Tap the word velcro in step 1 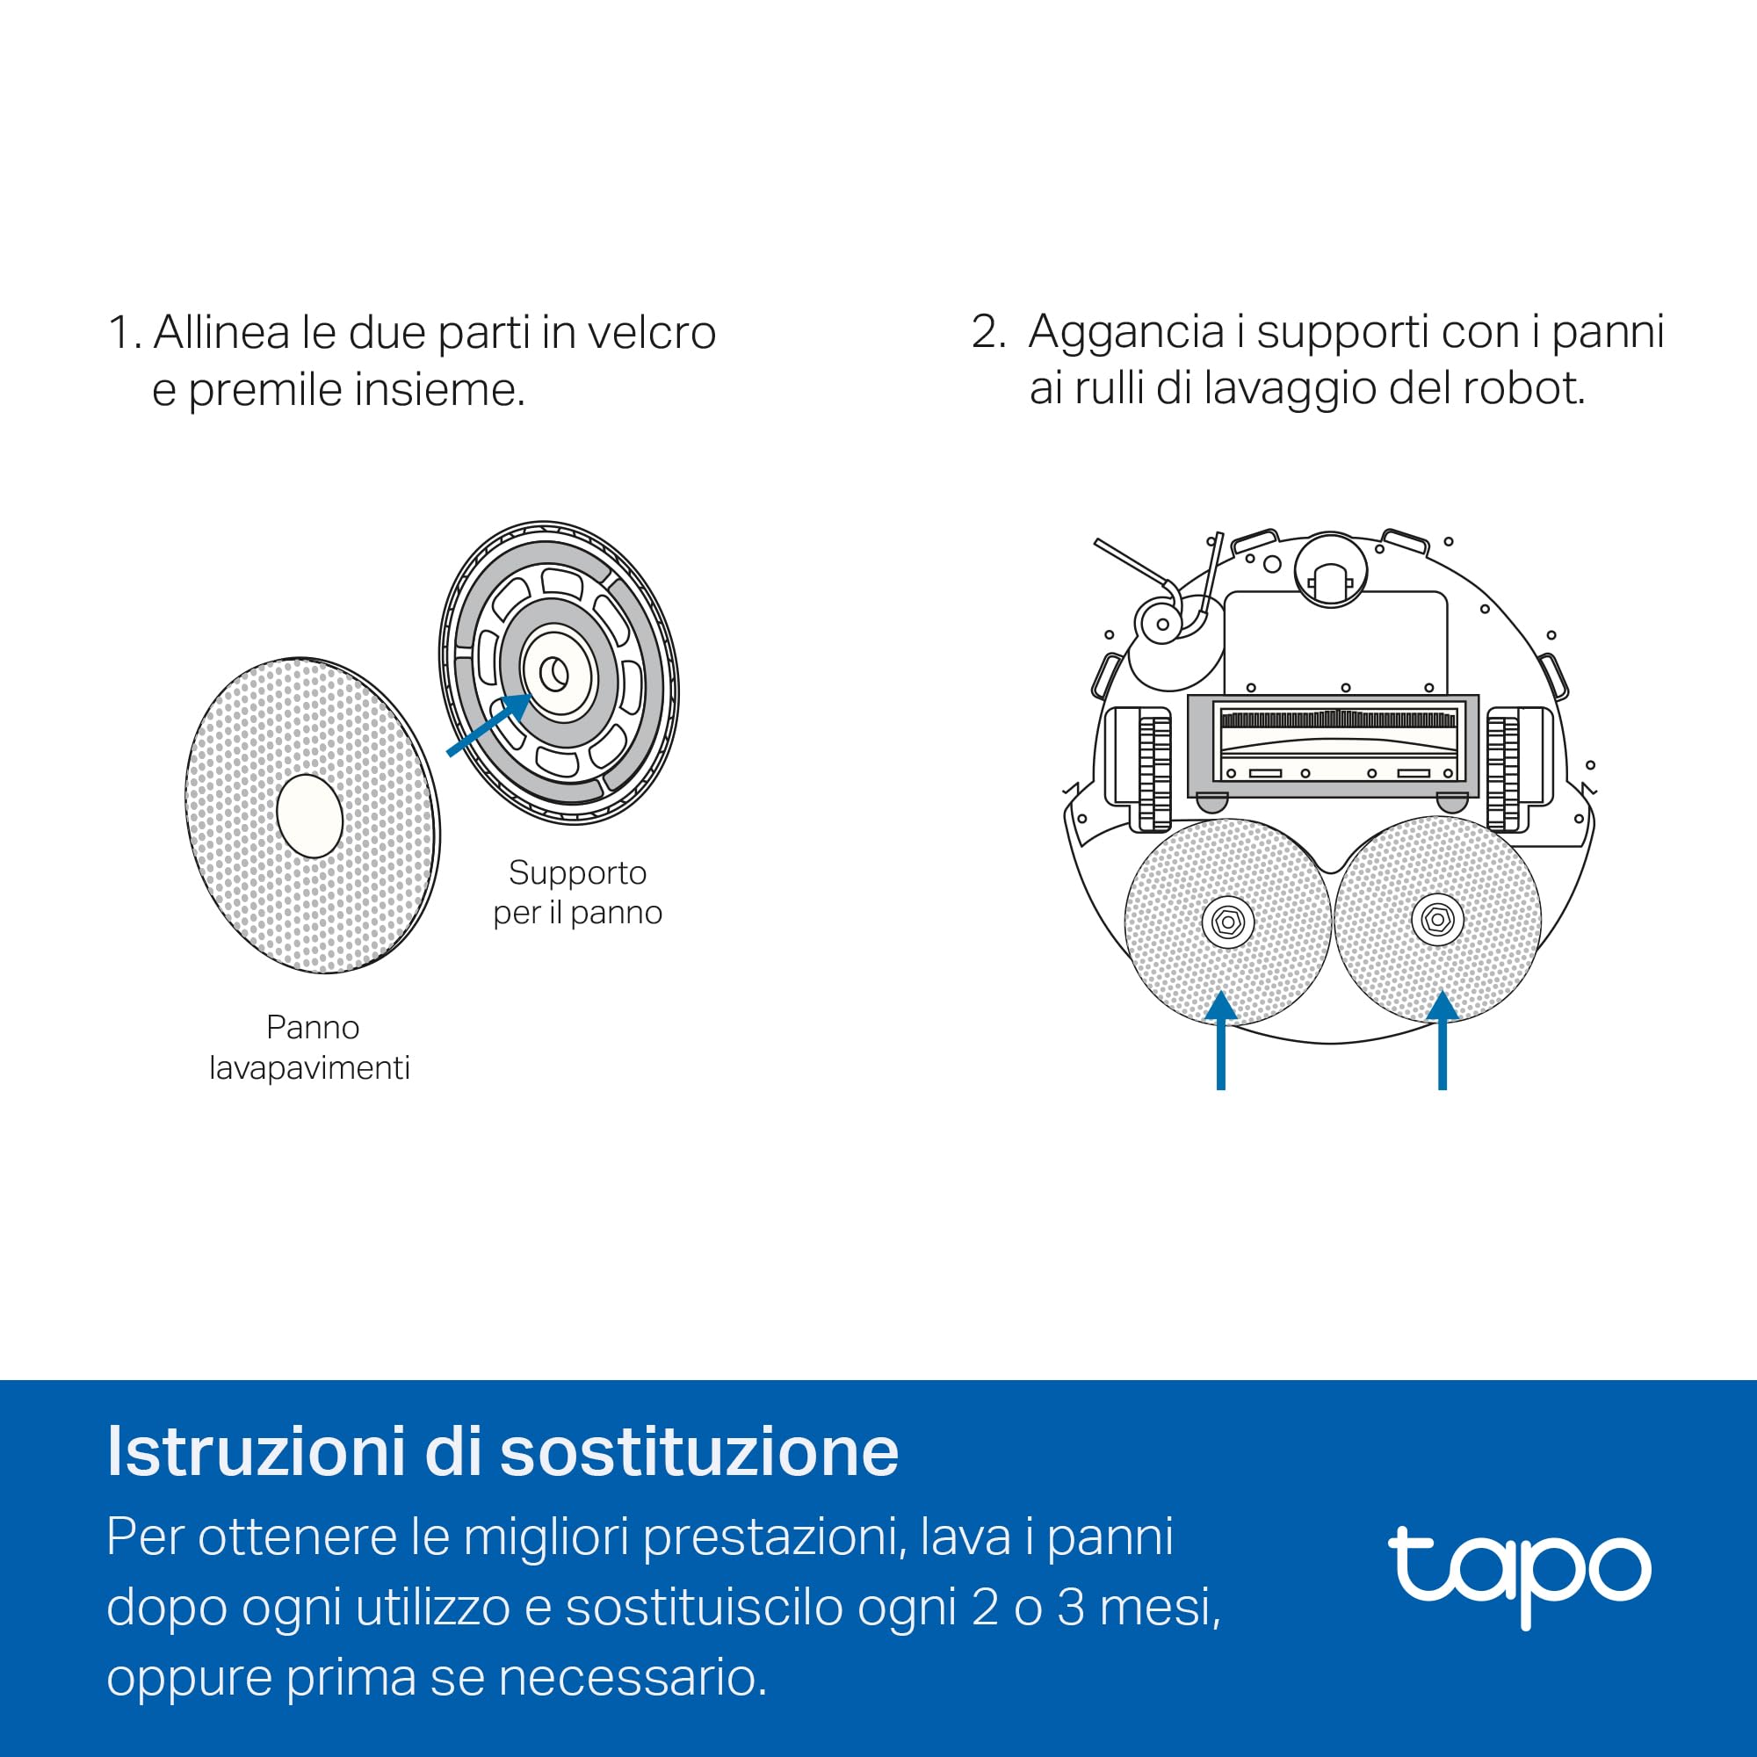[651, 332]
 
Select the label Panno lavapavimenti [310, 1047]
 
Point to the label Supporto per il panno [577, 893]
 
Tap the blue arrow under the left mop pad [1220, 1039]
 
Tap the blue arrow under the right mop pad [1442, 1039]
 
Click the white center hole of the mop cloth [309, 816]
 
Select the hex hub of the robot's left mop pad [1228, 922]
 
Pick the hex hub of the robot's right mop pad [1437, 920]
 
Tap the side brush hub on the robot [1162, 624]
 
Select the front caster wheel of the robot [1330, 583]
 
